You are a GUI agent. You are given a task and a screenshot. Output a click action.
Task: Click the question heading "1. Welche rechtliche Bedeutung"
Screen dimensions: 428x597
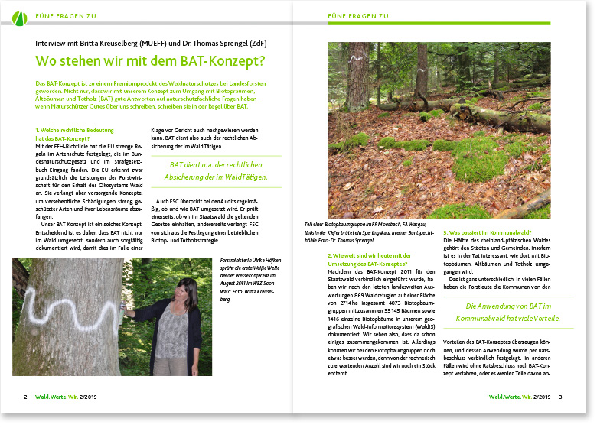tap(74, 130)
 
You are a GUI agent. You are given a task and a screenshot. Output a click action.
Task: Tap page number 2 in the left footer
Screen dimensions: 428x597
tap(26, 397)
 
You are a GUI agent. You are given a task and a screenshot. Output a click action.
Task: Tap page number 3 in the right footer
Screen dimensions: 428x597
tap(561, 397)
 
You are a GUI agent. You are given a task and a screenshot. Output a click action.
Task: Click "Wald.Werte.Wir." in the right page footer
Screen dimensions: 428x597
tap(511, 397)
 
